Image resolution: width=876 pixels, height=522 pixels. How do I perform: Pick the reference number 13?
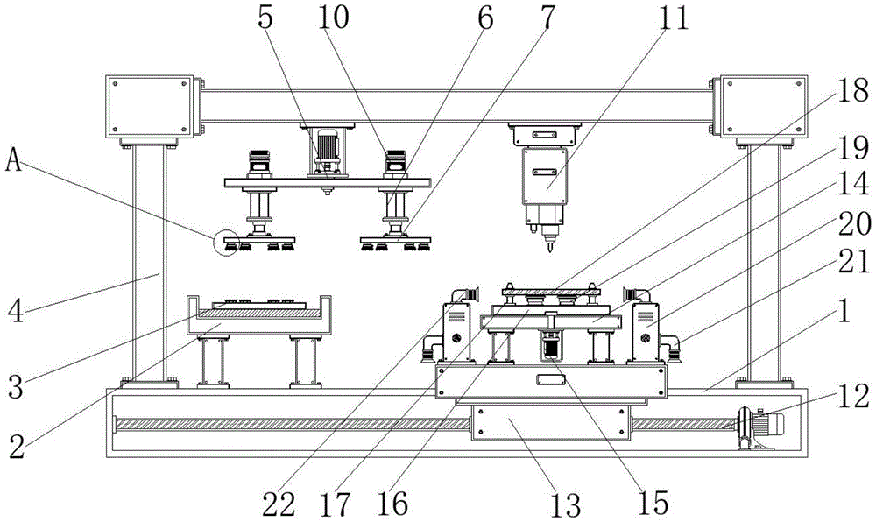coord(565,503)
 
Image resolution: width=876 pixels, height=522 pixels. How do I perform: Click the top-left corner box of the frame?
coord(149,108)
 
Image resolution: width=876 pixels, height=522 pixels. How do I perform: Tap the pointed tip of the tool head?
coord(549,250)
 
